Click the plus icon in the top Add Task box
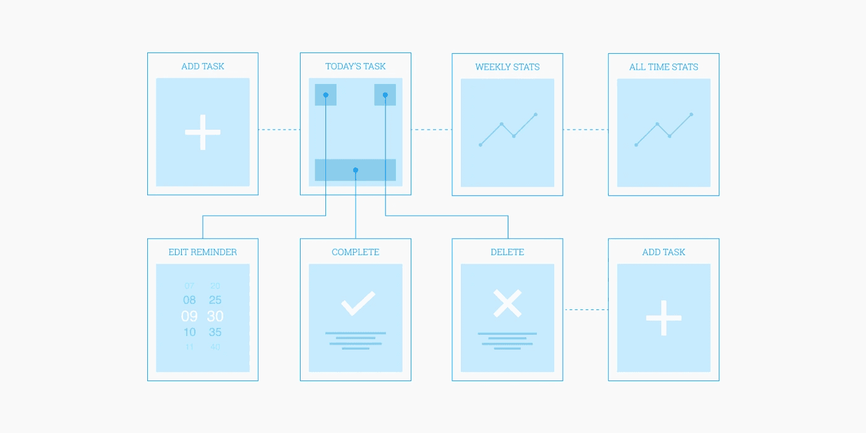tap(203, 132)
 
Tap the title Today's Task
tap(356, 66)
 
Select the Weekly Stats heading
tap(507, 67)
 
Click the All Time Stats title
tap(664, 67)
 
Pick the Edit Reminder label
tap(203, 252)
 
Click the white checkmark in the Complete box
tap(358, 303)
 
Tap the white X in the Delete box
tap(507, 303)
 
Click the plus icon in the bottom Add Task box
tap(664, 318)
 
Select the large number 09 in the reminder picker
tap(189, 316)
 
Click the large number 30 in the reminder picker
tap(215, 316)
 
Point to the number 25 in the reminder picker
tap(215, 300)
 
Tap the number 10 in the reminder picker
tap(189, 332)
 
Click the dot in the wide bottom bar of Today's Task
tap(356, 170)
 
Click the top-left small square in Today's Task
tap(325, 95)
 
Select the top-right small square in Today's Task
tap(385, 95)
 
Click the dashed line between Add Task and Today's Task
tap(279, 130)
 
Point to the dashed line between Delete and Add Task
tap(586, 309)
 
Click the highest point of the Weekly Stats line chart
tap(536, 114)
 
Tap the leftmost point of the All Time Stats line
tap(636, 145)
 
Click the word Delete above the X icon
tap(507, 252)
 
